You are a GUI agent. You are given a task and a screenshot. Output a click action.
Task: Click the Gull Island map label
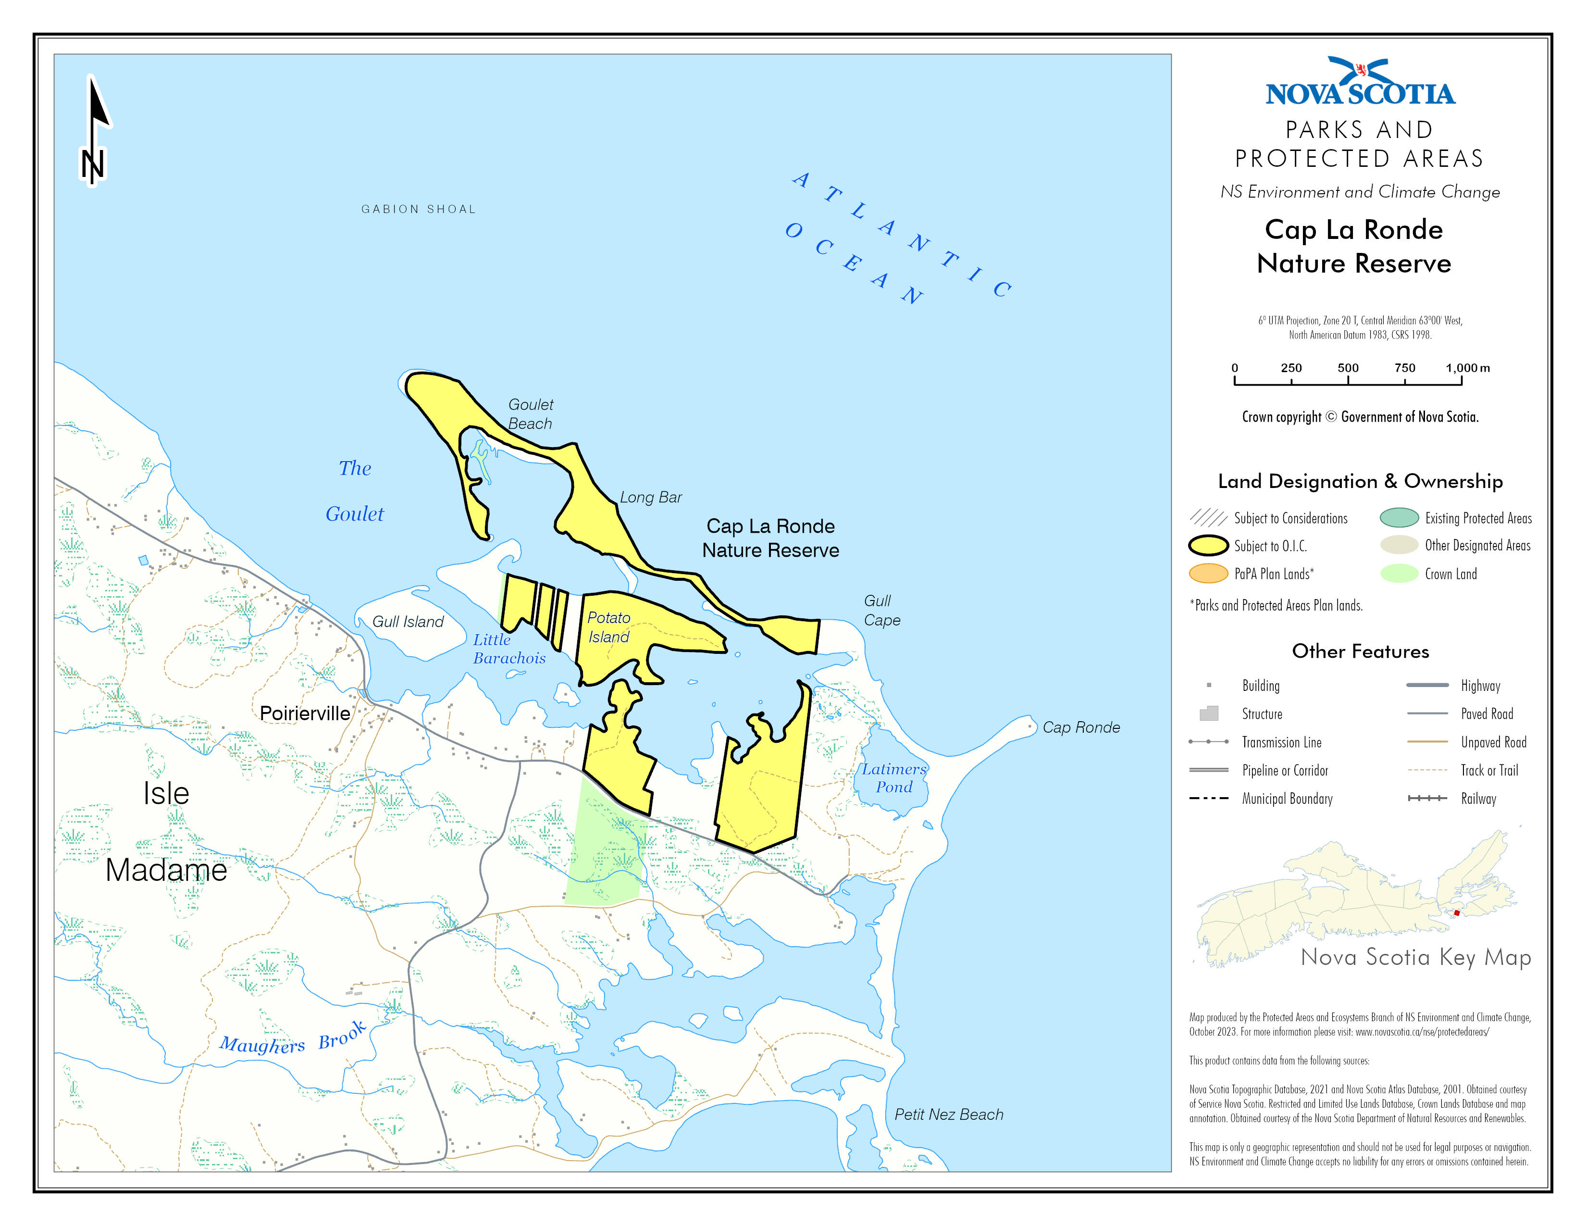pos(408,622)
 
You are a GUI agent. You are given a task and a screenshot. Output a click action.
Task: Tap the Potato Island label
pos(608,627)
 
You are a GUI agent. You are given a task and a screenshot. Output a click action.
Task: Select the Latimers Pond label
pos(894,778)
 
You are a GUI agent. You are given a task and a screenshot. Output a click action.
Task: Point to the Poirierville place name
pos(305,713)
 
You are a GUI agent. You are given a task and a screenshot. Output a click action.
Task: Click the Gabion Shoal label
pos(418,209)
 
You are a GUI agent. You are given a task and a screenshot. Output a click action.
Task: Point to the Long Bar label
pos(651,498)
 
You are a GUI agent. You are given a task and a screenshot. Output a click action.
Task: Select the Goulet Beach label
pos(530,414)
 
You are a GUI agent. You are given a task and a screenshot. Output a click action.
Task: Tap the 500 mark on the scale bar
pos(1348,368)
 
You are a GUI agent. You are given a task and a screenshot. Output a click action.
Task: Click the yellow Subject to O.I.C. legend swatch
pos(1208,546)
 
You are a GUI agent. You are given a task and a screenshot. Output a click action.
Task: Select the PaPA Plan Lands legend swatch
pos(1208,574)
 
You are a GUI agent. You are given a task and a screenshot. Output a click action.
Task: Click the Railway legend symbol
pos(1427,798)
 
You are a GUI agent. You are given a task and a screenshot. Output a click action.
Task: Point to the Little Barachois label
pos(508,649)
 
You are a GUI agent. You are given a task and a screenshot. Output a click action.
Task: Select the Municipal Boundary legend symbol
pos(1208,798)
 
